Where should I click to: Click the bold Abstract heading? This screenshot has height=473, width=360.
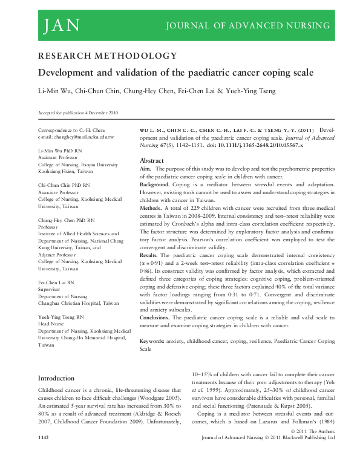click(x=152, y=160)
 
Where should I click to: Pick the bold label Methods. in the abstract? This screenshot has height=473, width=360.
click(x=151, y=206)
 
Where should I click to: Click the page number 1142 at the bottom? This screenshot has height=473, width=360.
click(x=44, y=452)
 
